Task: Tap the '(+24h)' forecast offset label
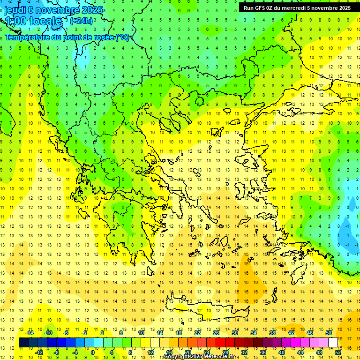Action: click(81, 21)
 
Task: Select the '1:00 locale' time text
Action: click(33, 21)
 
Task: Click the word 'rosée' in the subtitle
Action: click(100, 37)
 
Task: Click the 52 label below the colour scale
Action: click(338, 352)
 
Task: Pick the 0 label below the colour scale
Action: click(93, 352)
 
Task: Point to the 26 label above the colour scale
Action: click(216, 333)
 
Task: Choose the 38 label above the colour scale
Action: click(272, 333)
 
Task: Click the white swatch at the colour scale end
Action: click(333, 342)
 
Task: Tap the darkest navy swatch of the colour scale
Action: click(24, 342)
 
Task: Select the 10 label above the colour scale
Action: click(141, 333)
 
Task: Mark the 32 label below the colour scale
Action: click(244, 352)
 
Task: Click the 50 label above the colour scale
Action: click(329, 333)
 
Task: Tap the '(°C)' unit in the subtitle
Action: click(122, 37)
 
